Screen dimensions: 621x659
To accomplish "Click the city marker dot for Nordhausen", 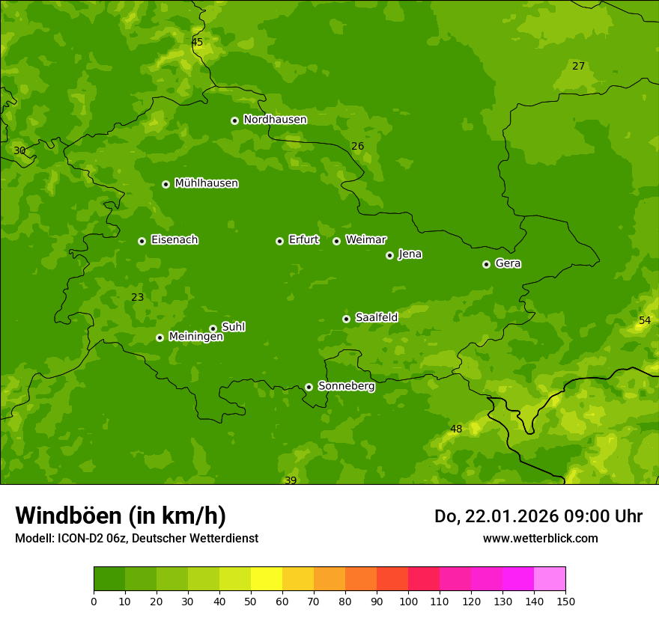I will pyautogui.click(x=234, y=120).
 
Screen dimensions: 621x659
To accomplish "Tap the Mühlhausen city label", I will pyautogui.click(x=206, y=183).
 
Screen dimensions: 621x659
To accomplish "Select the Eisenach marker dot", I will pyautogui.click(x=142, y=241).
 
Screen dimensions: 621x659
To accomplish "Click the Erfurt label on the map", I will pyautogui.click(x=303, y=240).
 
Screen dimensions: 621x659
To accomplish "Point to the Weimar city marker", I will pyautogui.click(x=336, y=241).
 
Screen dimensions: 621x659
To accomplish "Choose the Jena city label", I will pyautogui.click(x=410, y=254).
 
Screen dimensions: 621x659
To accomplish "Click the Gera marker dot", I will pyautogui.click(x=486, y=264).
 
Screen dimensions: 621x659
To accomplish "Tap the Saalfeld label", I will pyautogui.click(x=376, y=318).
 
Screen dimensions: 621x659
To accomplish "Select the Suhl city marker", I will pyautogui.click(x=213, y=328).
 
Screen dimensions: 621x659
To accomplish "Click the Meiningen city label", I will pyautogui.click(x=195, y=337).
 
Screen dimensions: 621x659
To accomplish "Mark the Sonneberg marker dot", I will pyautogui.click(x=309, y=387).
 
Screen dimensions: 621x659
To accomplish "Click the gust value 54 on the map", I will pyautogui.click(x=645, y=321).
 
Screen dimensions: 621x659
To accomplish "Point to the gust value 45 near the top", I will pyautogui.click(x=197, y=43).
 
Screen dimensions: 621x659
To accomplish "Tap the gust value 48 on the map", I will pyautogui.click(x=456, y=429).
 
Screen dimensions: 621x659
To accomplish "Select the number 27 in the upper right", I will pyautogui.click(x=578, y=67).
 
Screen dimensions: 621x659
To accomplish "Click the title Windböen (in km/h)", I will pyautogui.click(x=120, y=516).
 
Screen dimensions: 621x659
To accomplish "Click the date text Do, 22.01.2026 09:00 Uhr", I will pyautogui.click(x=538, y=516).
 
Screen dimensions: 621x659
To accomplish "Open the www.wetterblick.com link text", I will pyautogui.click(x=540, y=539).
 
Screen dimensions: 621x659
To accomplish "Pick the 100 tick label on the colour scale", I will pyautogui.click(x=408, y=601).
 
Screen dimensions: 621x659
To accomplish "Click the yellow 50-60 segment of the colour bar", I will pyautogui.click(x=267, y=579).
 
